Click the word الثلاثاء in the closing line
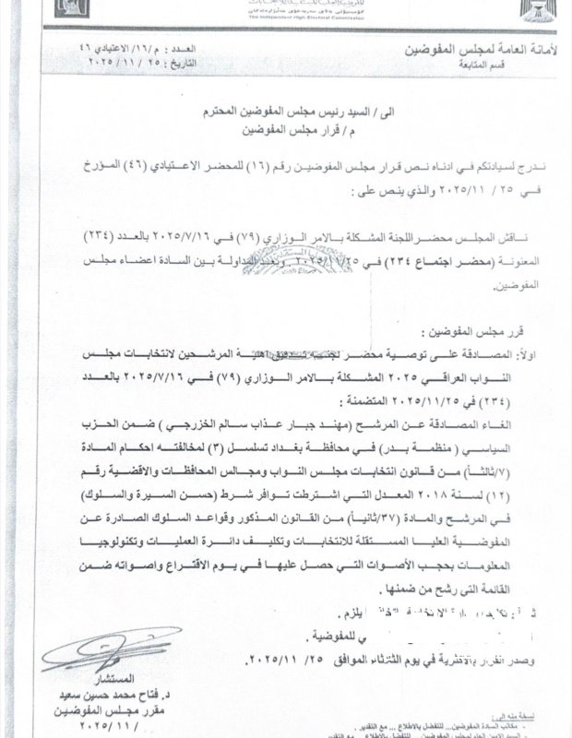click(x=333, y=661)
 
